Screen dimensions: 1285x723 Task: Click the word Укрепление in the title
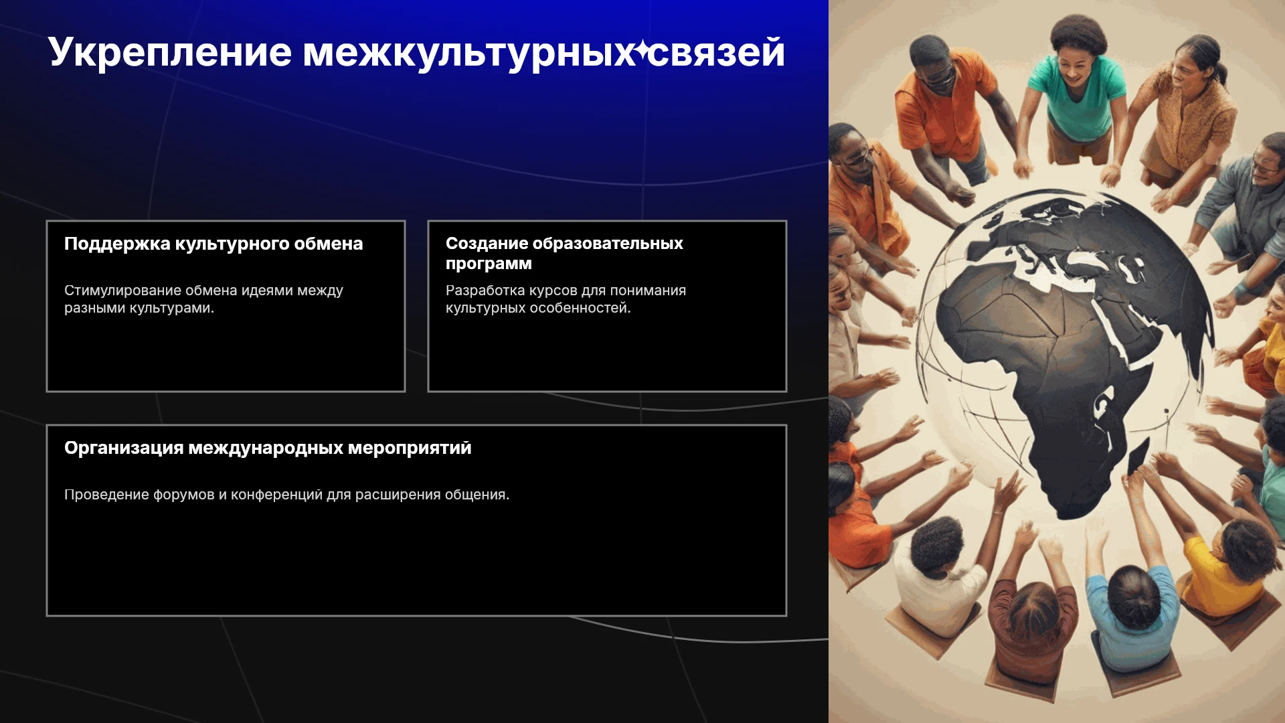click(170, 53)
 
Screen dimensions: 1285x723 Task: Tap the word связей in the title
click(717, 52)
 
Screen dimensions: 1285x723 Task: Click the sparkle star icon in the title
click(642, 50)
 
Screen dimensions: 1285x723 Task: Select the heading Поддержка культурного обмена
click(213, 244)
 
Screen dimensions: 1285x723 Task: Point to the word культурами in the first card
click(171, 308)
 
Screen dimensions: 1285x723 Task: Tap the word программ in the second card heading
click(489, 264)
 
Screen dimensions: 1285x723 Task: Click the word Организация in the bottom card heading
click(124, 448)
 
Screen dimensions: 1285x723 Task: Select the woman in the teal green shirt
click(1078, 87)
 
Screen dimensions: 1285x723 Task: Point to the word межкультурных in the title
click(468, 53)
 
